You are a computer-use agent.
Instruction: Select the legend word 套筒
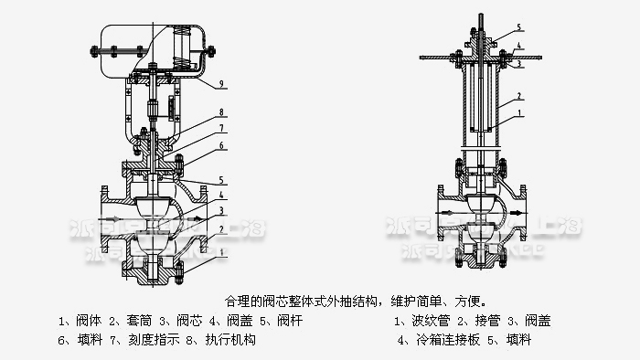tap(133, 321)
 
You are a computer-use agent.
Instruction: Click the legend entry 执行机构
tap(233, 340)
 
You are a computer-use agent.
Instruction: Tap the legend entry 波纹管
tap(425, 321)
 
